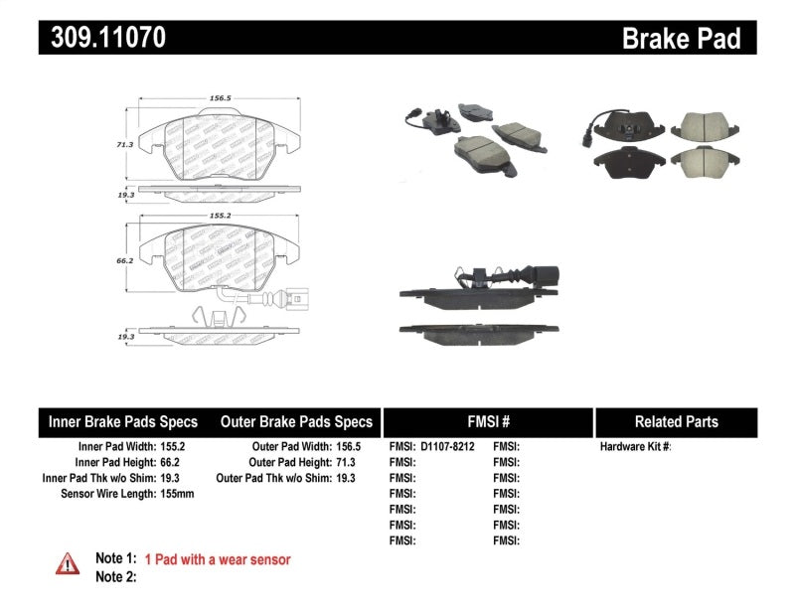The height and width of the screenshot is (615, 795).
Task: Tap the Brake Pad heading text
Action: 681,38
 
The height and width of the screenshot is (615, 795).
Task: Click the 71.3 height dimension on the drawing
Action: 123,145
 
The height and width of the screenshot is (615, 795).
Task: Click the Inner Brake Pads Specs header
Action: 123,421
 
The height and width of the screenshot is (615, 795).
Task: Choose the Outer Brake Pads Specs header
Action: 296,421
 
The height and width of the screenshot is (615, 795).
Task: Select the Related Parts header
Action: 676,421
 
